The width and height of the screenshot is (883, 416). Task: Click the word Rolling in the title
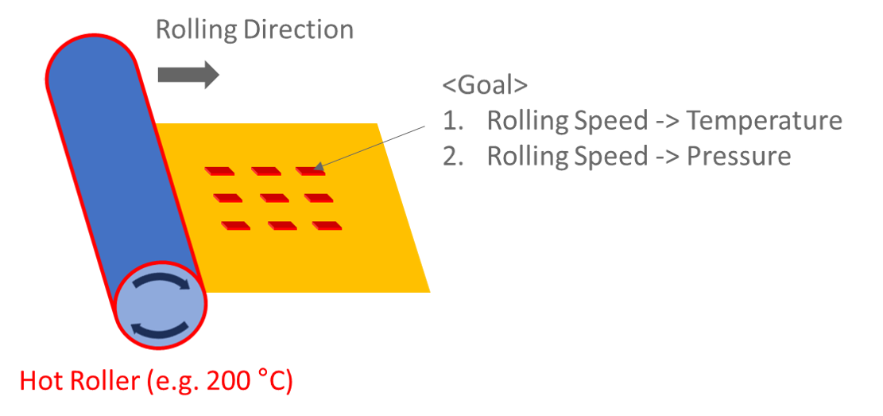click(192, 29)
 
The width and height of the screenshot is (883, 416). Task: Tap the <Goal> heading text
click(485, 86)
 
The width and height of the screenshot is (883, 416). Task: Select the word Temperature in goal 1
click(763, 121)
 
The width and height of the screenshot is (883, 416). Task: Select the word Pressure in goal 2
click(738, 156)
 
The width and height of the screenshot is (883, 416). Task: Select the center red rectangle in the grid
click(273, 198)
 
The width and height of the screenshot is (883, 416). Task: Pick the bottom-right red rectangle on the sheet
click(327, 226)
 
